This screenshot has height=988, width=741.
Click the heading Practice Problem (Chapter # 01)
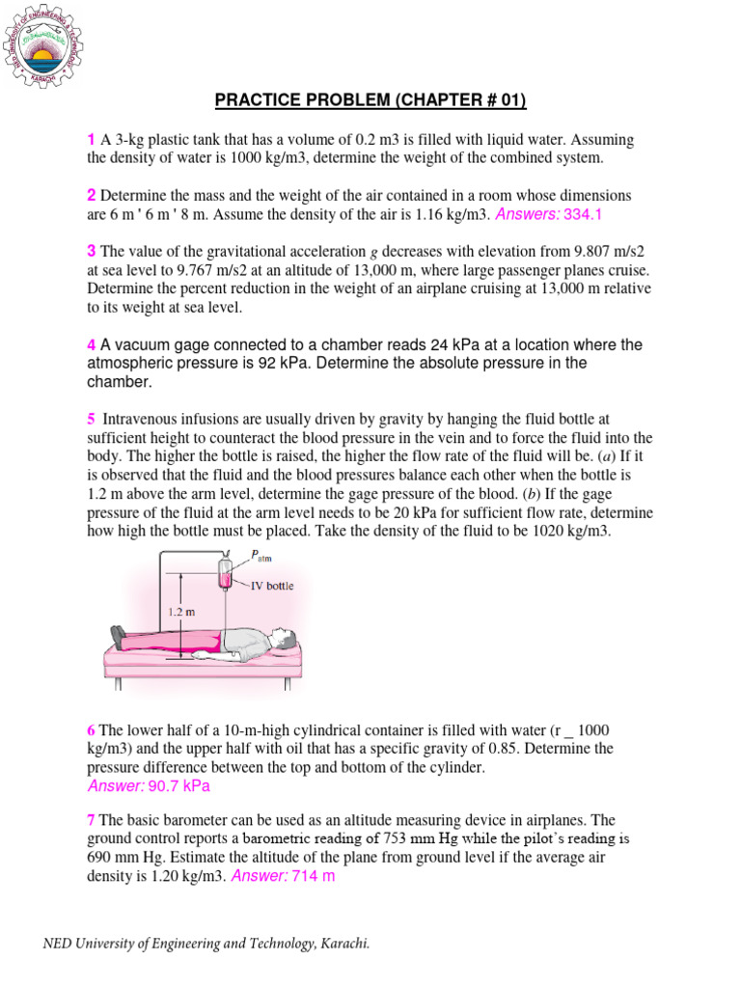pyautogui.click(x=370, y=101)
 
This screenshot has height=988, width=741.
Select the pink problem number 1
pyautogui.click(x=91, y=140)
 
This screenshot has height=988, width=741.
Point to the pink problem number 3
pyautogui.click(x=91, y=251)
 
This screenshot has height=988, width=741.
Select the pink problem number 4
pyautogui.click(x=92, y=344)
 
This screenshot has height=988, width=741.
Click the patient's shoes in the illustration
pyautogui.click(x=117, y=636)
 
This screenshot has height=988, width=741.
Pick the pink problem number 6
pyautogui.click(x=91, y=730)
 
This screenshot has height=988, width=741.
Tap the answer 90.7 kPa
pyautogui.click(x=178, y=786)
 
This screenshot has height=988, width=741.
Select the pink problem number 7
pyautogui.click(x=91, y=819)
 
